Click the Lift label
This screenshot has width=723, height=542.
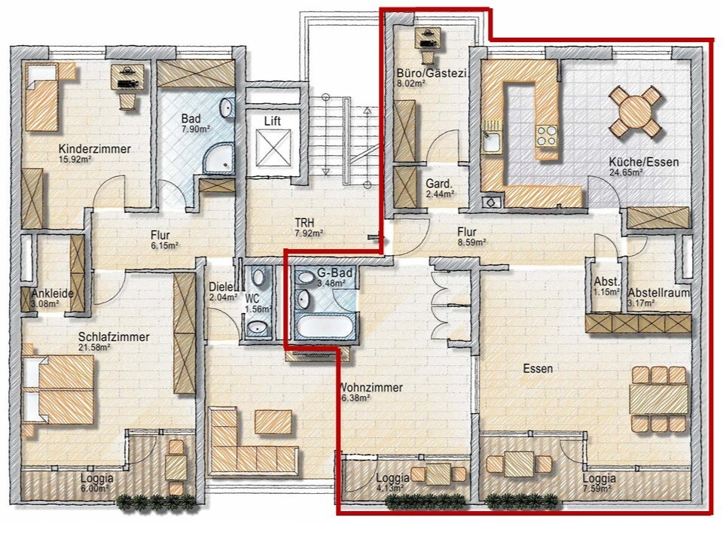point(273,121)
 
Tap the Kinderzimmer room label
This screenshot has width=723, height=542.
point(95,149)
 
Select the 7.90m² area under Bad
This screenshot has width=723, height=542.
point(196,129)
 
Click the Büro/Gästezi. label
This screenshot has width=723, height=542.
point(432,73)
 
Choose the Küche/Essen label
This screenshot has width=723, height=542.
point(644,163)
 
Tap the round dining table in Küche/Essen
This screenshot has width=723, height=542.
point(636,112)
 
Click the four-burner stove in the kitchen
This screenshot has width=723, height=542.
point(547,136)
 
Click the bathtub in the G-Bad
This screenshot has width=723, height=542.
point(324,326)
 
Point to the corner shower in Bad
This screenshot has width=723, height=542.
point(218,158)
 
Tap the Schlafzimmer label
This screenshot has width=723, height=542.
point(114,337)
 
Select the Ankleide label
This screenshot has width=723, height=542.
point(53,294)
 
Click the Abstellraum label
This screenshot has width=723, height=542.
point(659,293)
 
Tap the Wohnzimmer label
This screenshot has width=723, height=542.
point(371,388)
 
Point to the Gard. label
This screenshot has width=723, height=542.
point(439,184)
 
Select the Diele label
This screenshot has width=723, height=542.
point(221,287)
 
